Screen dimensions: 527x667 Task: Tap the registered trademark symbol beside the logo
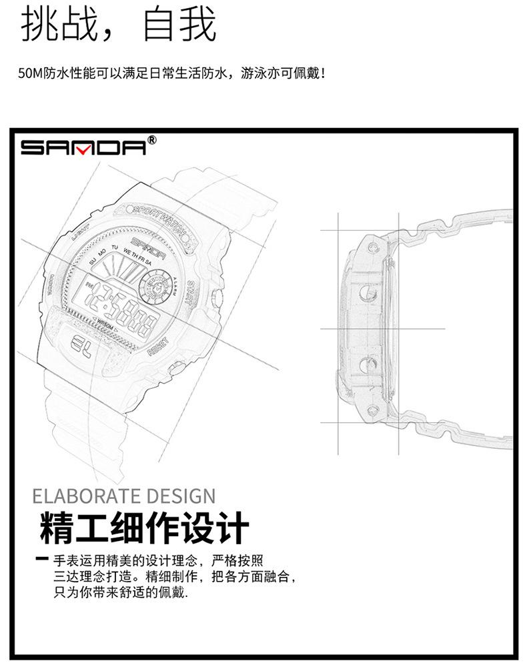[151, 140]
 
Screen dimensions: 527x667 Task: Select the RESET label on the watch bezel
[159, 347]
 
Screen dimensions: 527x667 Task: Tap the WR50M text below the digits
[105, 322]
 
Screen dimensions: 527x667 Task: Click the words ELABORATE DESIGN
[124, 497]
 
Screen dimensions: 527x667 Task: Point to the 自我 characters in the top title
[180, 25]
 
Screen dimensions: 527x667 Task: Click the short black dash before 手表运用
[43, 558]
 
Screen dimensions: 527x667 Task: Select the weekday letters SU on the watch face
[93, 261]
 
